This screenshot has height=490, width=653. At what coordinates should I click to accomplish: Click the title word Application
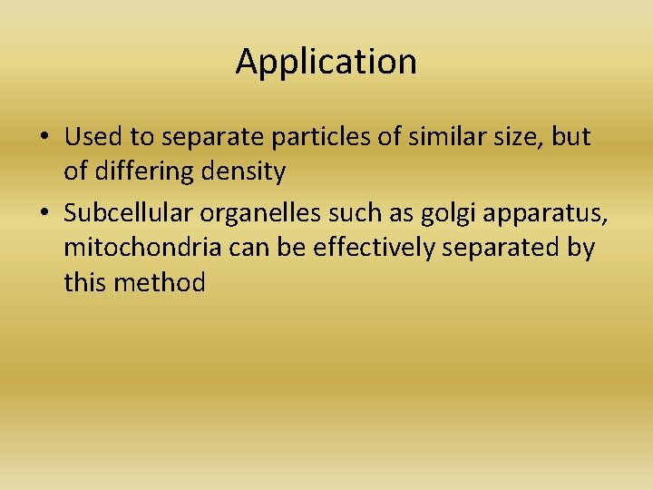coord(326,63)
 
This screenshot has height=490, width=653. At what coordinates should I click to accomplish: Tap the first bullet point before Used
coord(44,137)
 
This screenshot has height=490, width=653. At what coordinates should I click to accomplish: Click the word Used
coord(87,137)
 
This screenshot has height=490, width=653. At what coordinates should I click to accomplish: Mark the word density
coord(248,171)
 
